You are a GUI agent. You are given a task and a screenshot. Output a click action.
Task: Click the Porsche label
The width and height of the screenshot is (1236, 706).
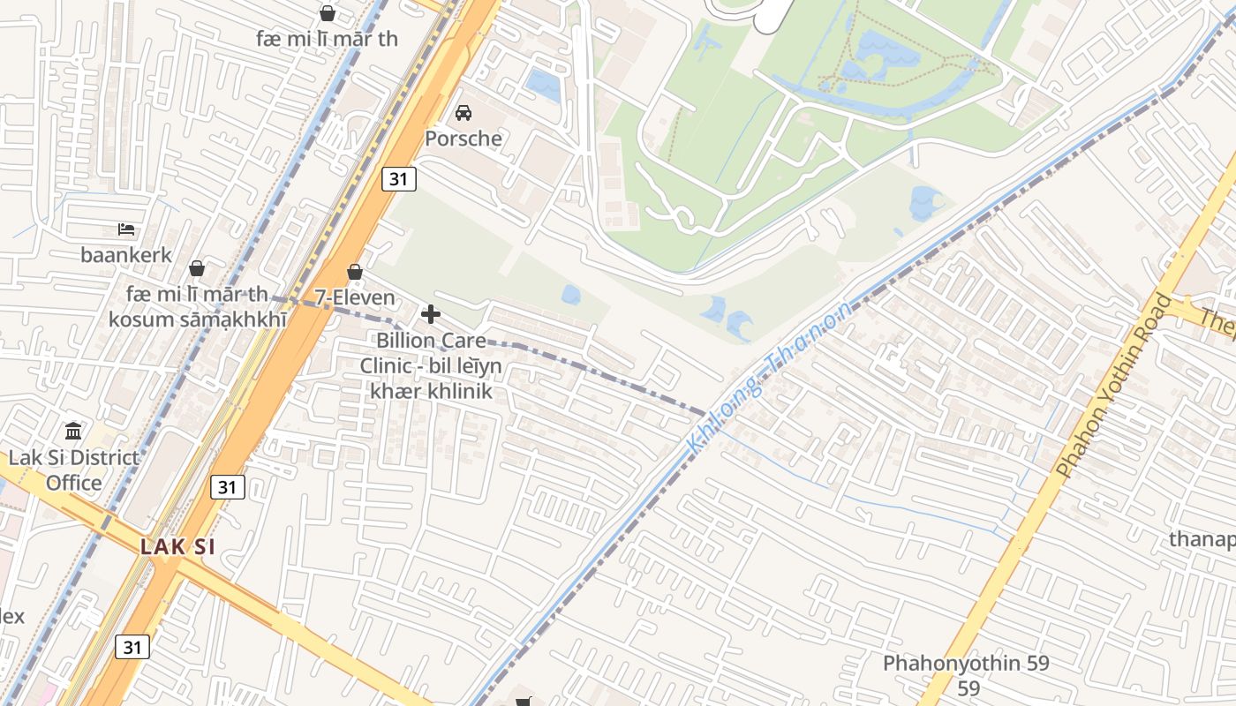[463, 139]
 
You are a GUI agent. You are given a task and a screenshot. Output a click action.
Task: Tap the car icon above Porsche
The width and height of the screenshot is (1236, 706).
[463, 113]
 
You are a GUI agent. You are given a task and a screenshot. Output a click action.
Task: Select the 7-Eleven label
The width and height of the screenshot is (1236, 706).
[355, 297]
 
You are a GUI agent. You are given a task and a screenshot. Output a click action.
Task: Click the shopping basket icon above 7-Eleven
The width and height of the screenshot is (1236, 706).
[355, 272]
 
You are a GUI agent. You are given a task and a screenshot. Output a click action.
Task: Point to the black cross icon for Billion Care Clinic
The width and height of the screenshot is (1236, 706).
[431, 314]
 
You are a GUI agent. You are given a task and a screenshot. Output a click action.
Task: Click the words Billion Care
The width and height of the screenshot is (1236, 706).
[431, 340]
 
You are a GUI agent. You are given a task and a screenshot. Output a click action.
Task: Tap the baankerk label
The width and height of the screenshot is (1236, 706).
[126, 255]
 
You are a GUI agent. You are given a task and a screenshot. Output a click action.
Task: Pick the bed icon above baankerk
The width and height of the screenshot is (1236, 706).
[126, 229]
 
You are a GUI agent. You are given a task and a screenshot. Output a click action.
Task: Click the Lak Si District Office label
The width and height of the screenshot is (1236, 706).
[74, 469]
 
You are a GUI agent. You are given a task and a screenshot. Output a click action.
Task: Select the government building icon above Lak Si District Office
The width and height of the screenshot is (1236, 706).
[74, 432]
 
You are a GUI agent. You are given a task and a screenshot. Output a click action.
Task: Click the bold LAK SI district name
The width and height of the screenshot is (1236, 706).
[177, 546]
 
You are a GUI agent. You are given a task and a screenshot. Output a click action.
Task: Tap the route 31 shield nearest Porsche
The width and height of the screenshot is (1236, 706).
[399, 179]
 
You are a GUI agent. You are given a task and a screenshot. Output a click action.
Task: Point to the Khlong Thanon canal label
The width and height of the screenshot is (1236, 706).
[769, 376]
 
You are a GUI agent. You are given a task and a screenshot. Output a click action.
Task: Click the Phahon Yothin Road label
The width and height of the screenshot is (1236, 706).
[1113, 386]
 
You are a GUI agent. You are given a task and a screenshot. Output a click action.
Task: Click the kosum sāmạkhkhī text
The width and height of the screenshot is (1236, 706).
[197, 319]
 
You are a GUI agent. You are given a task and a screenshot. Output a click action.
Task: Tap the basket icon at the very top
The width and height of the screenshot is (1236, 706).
[328, 13]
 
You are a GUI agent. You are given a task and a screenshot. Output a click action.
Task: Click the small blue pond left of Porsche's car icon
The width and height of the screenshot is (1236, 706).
[542, 86]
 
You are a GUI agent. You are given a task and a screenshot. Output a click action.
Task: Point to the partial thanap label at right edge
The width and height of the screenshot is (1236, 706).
[1202, 538]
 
